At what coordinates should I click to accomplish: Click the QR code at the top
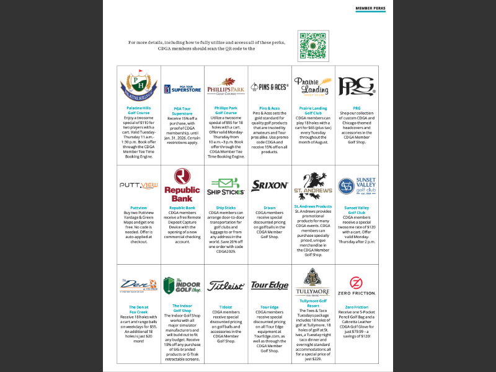(x=313, y=45)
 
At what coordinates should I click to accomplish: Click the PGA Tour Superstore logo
(x=182, y=89)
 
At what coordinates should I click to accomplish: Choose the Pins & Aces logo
(x=270, y=87)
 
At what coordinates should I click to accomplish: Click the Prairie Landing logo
(x=313, y=87)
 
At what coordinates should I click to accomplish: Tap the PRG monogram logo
(x=356, y=86)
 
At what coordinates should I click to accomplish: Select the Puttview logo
(x=139, y=185)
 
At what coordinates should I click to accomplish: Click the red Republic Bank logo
(x=182, y=185)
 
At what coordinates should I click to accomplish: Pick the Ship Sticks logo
(x=226, y=185)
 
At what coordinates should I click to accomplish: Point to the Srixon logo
(x=270, y=185)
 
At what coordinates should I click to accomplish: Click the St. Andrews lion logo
(x=313, y=185)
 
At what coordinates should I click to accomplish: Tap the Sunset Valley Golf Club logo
(x=356, y=185)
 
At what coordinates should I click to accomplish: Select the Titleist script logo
(x=226, y=285)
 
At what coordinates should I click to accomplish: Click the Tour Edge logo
(x=270, y=285)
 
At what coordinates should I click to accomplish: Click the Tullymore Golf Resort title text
(x=313, y=303)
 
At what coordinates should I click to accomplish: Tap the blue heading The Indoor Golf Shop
(x=182, y=308)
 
